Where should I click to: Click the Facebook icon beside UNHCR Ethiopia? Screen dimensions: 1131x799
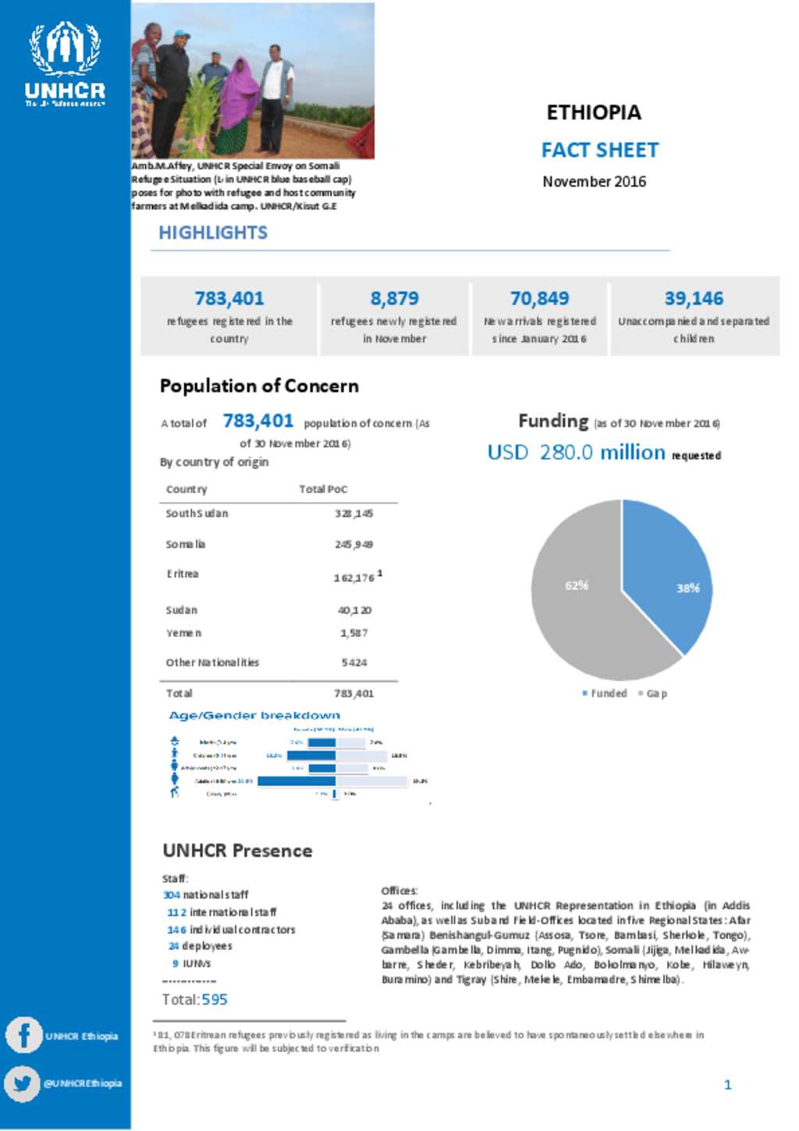[23, 1036]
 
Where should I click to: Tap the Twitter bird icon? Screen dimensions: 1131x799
[22, 1083]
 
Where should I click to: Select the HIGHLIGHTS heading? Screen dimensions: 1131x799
[213, 233]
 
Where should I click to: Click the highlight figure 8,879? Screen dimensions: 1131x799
[394, 298]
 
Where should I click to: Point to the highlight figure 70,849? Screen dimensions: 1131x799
[539, 298]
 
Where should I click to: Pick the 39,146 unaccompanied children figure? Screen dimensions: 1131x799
[694, 298]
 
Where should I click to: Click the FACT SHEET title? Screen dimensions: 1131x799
[600, 150]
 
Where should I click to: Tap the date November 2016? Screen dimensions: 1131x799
[594, 182]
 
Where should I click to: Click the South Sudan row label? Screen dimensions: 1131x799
[197, 514]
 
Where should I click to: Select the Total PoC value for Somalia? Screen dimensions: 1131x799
[353, 544]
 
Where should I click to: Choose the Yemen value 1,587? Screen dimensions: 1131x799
[353, 633]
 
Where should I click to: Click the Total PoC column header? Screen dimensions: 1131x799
[323, 489]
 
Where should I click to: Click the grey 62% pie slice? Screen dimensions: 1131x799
[577, 601]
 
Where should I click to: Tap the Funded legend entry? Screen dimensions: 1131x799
[605, 693]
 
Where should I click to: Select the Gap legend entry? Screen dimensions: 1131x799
[653, 693]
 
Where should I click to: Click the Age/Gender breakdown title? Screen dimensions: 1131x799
[254, 715]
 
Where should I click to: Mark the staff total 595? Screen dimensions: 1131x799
[215, 999]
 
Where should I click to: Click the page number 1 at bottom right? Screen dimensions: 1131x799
[727, 1084]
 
